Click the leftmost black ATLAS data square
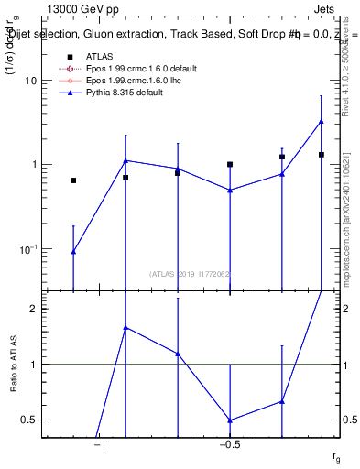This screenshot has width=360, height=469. (73, 180)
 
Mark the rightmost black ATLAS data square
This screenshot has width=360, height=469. (322, 155)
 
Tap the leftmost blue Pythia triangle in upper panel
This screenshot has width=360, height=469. (73, 251)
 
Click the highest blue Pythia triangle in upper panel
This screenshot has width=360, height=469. (322, 121)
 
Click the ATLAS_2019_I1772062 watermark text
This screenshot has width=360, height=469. (190, 274)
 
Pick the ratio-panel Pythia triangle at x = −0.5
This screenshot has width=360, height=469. (230, 420)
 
